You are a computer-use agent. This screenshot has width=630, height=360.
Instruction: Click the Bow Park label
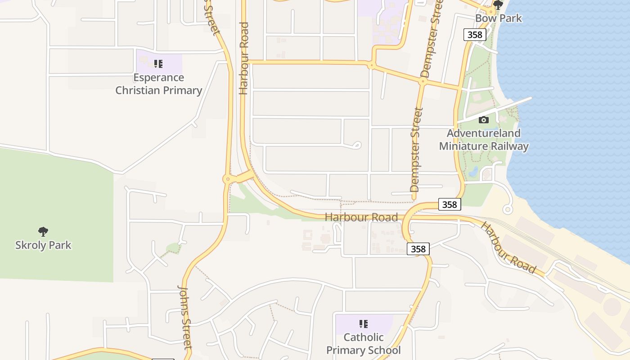499,18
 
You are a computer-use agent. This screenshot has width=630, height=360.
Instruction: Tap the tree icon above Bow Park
498,5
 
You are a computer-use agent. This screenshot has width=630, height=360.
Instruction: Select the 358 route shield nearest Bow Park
475,35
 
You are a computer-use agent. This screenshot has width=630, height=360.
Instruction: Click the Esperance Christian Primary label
158,84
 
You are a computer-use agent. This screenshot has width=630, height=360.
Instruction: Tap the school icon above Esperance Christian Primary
158,64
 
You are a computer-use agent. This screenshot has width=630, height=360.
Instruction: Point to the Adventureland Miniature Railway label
484,139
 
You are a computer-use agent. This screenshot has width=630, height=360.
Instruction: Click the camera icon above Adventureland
484,120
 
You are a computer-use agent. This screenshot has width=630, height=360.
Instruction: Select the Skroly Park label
43,245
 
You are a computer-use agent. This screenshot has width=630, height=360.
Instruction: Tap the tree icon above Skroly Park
43,232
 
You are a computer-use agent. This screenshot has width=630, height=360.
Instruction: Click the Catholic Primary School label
364,343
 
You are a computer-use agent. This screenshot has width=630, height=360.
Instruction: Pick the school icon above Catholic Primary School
364,324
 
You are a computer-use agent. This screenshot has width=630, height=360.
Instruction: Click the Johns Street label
185,317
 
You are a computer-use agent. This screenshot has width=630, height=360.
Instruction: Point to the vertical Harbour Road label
244,58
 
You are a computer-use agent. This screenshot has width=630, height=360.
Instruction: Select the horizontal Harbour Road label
361,217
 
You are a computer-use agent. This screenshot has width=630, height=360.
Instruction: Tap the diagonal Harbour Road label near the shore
508,248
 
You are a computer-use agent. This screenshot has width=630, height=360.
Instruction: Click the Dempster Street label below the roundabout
416,149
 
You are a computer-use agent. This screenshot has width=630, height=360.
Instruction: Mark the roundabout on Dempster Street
423,81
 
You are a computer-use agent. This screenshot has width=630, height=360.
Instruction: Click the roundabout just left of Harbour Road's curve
228,179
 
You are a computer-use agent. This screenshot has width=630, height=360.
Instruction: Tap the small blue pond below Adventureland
473,171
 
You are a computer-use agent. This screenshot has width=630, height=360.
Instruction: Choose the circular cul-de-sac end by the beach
508,209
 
